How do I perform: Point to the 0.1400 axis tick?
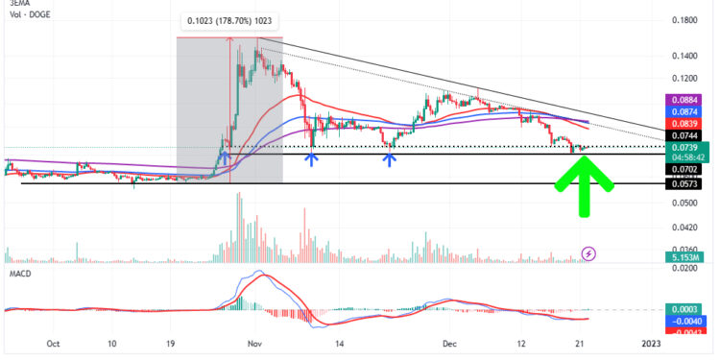tap(685, 58)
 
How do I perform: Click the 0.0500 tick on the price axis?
tap(685, 203)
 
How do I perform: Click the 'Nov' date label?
tap(254, 343)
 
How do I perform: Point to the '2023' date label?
tap(652, 343)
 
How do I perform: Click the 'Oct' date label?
tap(54, 343)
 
